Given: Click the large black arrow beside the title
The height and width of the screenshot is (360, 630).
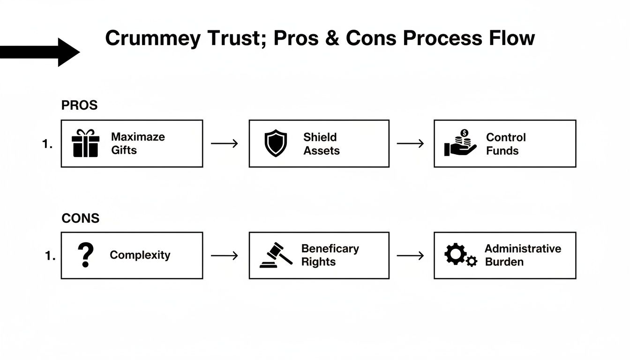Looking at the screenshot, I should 42,52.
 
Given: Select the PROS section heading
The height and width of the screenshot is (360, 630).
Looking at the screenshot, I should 79,105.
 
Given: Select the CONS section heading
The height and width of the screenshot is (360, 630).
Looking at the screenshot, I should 80,218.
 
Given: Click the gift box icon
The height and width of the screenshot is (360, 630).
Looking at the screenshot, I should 85,143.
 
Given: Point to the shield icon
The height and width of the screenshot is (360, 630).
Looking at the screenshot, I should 276,143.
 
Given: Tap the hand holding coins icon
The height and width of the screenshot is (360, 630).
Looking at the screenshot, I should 460,143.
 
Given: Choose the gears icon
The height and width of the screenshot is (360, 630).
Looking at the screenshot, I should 460,255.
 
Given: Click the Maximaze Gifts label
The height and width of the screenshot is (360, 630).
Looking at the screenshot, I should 138,143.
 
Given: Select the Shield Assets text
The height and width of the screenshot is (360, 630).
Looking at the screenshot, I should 321,143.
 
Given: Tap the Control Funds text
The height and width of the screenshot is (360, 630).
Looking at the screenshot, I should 505,143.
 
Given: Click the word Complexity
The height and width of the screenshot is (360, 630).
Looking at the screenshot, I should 140,255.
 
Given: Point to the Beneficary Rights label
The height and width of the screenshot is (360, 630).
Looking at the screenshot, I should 330,255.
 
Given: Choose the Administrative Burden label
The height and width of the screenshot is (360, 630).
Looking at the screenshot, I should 522,255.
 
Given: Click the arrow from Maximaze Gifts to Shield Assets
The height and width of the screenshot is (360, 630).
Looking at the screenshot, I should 225,143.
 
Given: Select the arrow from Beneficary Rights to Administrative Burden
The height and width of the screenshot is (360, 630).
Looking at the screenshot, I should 410,255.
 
